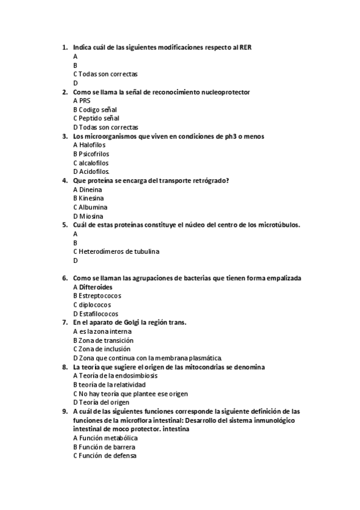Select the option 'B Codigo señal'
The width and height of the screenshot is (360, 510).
click(x=94, y=109)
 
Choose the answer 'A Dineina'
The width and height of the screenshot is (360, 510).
click(x=87, y=189)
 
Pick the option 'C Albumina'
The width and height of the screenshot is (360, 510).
click(x=90, y=207)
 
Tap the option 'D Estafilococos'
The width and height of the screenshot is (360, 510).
click(x=96, y=313)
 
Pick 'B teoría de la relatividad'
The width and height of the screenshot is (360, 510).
click(x=109, y=384)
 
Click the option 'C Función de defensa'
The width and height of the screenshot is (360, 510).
click(x=105, y=456)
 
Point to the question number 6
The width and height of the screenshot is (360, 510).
click(x=64, y=278)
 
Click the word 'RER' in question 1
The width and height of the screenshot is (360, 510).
click(x=245, y=47)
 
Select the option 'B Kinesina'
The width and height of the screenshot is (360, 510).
click(x=88, y=198)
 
